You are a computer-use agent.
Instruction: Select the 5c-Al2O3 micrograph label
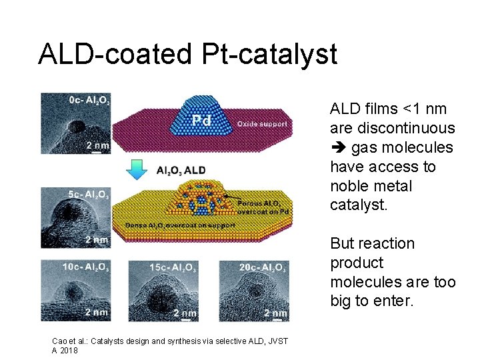click(89, 195)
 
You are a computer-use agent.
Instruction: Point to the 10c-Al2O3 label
click(87, 267)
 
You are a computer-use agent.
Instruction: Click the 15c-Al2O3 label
click(168, 267)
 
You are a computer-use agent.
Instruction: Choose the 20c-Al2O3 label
click(263, 267)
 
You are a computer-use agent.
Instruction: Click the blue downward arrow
click(136, 171)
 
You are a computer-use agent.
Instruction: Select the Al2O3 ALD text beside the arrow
click(180, 171)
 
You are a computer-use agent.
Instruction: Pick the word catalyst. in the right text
click(358, 205)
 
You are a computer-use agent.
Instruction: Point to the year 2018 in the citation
click(69, 350)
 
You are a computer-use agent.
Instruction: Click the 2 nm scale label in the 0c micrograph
click(97, 145)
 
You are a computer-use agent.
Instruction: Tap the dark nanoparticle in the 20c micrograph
click(255, 291)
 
